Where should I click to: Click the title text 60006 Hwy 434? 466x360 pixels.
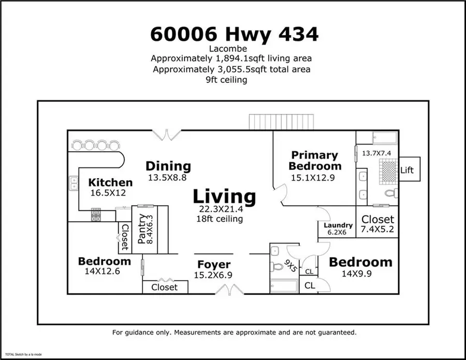pos(234,34)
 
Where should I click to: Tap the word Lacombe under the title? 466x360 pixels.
pos(234,49)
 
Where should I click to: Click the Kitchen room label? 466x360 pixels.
pos(110,182)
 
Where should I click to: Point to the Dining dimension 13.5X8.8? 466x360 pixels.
pos(168,178)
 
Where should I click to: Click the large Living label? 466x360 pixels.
pos(224,197)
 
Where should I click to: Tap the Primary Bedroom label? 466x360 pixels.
pos(315,161)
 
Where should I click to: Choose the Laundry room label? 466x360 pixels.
pos(338,225)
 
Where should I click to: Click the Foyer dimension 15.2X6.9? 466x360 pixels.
pos(214,276)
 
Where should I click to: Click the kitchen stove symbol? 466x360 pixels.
pos(97,214)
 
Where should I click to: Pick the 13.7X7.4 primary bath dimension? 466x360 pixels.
pos(377,153)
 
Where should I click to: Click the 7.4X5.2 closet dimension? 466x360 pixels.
pos(377,231)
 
